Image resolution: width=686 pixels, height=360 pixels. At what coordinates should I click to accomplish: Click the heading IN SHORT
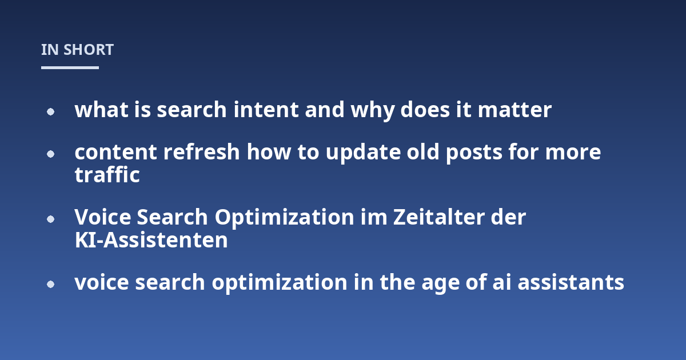tap(78, 50)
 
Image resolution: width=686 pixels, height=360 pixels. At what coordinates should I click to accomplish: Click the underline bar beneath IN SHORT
tap(70, 67)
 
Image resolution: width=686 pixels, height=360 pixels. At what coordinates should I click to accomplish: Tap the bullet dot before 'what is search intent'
tap(50, 112)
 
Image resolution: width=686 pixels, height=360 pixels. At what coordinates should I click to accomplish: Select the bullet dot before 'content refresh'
tap(50, 154)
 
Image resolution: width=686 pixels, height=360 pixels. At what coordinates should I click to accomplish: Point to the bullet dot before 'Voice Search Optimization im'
tap(50, 219)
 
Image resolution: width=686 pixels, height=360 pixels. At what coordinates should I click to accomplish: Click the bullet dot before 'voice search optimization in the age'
tap(50, 285)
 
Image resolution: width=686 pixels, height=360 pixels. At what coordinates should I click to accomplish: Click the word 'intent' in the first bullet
tap(266, 110)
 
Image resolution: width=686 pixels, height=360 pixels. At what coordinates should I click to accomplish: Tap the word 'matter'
tap(515, 110)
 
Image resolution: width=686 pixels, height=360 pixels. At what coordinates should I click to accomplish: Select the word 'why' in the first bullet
tap(372, 111)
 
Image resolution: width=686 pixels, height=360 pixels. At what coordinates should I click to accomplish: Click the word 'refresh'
tap(201, 152)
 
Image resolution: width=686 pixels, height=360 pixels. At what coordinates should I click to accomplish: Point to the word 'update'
tap(363, 153)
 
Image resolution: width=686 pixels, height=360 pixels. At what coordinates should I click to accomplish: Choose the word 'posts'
tap(474, 153)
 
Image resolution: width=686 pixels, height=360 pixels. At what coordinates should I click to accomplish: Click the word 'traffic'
tap(107, 175)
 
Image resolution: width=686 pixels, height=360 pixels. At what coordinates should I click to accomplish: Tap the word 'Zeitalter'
tap(439, 217)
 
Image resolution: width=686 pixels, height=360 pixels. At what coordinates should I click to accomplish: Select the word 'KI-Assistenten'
tap(151, 240)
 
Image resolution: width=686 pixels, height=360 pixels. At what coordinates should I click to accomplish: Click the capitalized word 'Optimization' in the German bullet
tap(285, 218)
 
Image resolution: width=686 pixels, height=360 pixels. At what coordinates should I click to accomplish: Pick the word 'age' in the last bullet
tap(440, 284)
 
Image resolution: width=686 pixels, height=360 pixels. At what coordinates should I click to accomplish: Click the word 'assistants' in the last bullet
tap(571, 282)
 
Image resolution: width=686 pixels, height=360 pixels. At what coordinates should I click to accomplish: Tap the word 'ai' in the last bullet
tap(502, 282)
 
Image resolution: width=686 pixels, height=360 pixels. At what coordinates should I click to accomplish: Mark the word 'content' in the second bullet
tap(115, 152)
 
